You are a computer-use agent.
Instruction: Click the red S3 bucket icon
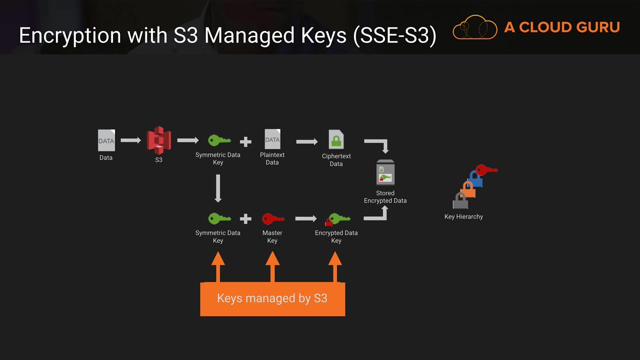tap(158, 140)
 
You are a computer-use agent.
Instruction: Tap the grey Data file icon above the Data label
tap(106, 140)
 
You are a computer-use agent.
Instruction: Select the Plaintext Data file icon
tap(272, 139)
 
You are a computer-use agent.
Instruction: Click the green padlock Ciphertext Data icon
tap(336, 139)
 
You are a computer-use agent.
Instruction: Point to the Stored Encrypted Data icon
tap(385, 173)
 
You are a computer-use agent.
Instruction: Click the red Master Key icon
tap(272, 219)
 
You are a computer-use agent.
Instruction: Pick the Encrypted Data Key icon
tap(337, 219)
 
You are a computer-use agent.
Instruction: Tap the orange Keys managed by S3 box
tap(272, 298)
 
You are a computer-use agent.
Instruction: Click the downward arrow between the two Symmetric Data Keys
tap(218, 188)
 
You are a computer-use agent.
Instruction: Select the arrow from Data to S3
tap(130, 140)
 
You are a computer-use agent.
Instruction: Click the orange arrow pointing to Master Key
tap(272, 266)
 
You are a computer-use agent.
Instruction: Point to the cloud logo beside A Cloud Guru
tap(475, 27)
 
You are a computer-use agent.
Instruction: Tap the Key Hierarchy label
tap(463, 216)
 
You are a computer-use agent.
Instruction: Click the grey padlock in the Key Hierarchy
tap(460, 200)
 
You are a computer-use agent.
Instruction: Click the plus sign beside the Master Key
tap(245, 219)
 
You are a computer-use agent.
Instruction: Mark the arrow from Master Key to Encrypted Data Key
tap(306, 218)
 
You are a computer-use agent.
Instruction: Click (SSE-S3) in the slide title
tap(394, 36)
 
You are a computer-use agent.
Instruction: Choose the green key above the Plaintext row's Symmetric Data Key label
tap(219, 140)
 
